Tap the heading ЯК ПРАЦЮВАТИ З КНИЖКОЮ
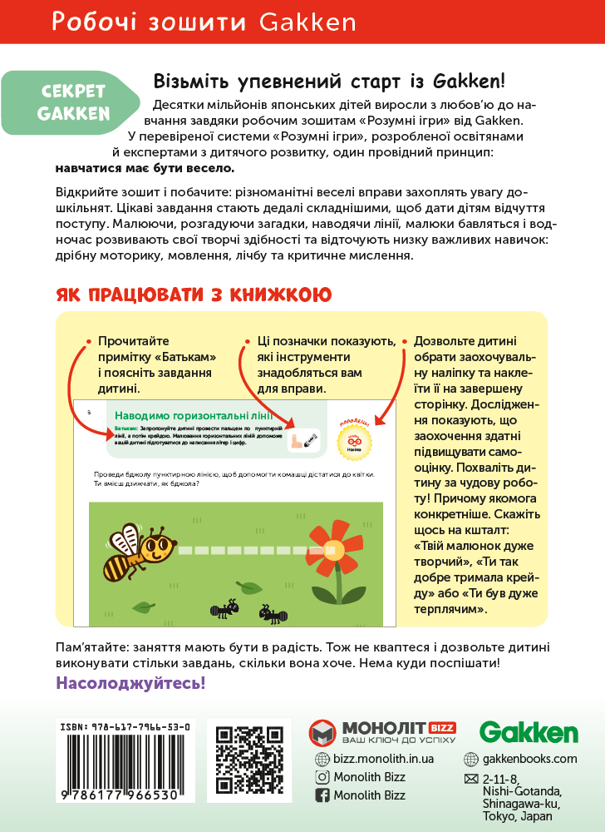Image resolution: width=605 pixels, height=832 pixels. [194, 295]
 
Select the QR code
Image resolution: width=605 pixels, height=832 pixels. [249, 760]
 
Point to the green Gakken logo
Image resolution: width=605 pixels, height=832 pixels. [529, 733]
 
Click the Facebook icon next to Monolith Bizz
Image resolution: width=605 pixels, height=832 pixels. [323, 795]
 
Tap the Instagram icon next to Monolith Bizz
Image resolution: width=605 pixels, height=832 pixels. [323, 777]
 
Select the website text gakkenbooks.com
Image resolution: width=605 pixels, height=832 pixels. [529, 759]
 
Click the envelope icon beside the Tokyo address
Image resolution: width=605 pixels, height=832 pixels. [470, 779]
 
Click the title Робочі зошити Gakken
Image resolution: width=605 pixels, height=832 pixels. [204, 22]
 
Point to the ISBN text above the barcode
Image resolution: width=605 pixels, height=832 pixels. [125, 726]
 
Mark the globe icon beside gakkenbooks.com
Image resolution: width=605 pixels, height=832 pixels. [470, 759]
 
